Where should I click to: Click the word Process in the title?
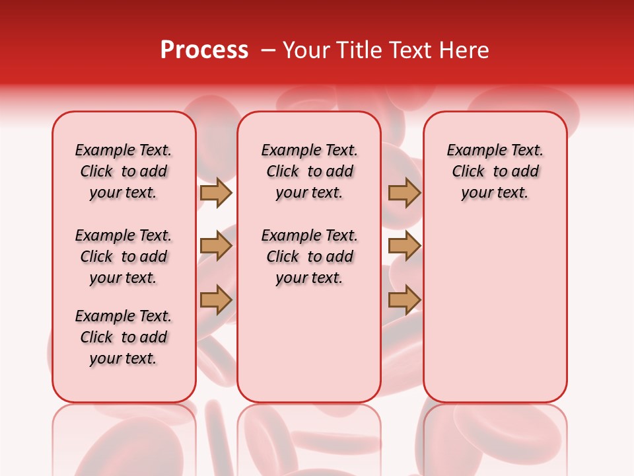pos(204,50)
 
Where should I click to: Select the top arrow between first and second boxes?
pos(216,192)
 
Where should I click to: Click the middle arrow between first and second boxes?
pos(216,247)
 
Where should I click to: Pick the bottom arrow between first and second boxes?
pos(216,300)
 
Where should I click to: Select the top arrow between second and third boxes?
pos(404,192)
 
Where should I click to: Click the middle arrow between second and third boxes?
pos(404,247)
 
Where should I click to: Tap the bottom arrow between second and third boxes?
pos(404,300)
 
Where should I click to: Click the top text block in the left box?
pos(123,171)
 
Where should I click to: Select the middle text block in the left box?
pos(123,257)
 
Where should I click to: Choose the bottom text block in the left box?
pos(123,337)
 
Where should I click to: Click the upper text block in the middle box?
pos(309,171)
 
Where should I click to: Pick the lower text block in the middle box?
pos(309,257)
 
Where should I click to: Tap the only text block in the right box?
pos(495,171)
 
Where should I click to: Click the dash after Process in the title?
pos(269,51)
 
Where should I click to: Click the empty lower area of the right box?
pos(495,311)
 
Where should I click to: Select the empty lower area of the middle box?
pos(309,344)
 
